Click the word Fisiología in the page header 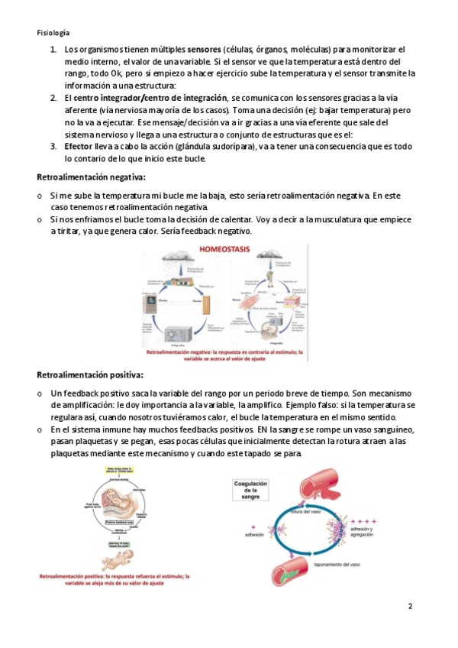tap(53, 33)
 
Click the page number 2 tap(410, 606)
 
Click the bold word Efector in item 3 tap(79, 146)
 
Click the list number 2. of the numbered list tap(53, 98)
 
